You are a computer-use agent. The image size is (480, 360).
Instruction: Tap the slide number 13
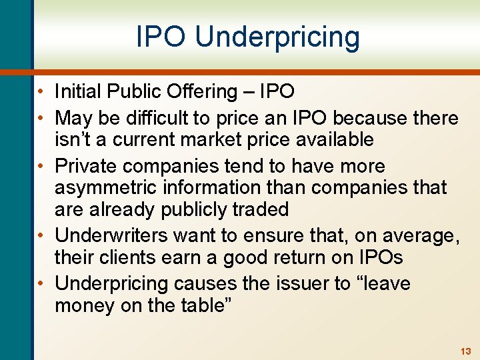coord(465,351)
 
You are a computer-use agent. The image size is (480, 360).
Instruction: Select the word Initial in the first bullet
coord(75,91)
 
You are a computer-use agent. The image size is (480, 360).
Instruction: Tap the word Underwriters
coord(112,235)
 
